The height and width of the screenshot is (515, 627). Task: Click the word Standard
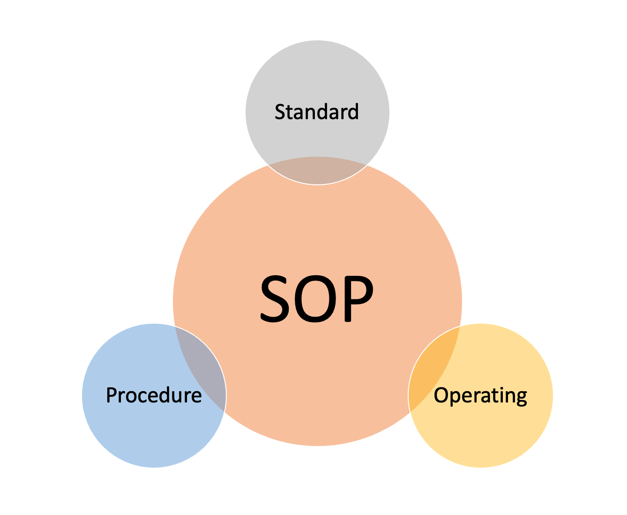click(x=316, y=112)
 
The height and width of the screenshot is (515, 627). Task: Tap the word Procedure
click(x=154, y=395)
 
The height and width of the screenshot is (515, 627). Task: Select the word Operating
click(x=480, y=396)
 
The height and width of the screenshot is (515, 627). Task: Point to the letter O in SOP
click(x=315, y=299)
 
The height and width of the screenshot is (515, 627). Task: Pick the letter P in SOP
click(x=358, y=299)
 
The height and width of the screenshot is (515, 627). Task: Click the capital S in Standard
click(x=280, y=112)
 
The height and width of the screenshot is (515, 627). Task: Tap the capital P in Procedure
click(x=112, y=395)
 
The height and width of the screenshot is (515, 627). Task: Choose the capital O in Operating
click(x=441, y=395)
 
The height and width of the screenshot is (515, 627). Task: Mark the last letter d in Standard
click(x=353, y=112)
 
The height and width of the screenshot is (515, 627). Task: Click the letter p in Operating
click(x=456, y=399)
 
